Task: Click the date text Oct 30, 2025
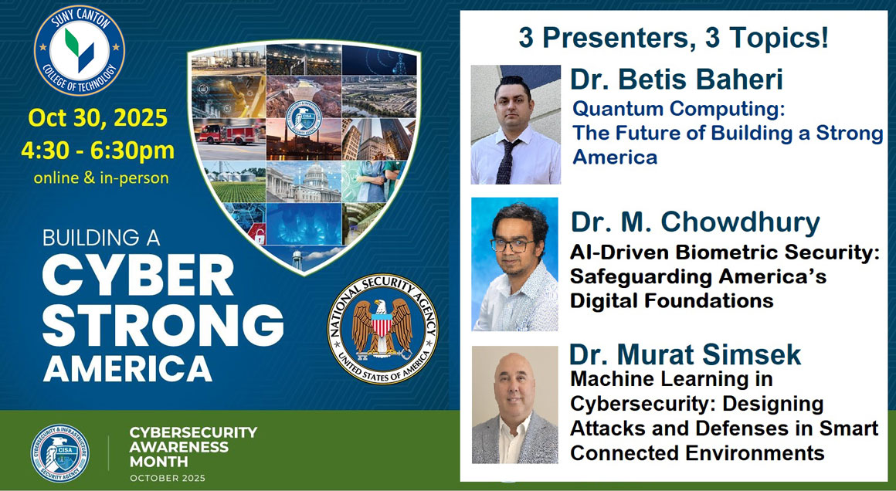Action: [97, 118]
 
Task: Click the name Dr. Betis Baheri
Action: [676, 79]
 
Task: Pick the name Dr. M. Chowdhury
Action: [694, 222]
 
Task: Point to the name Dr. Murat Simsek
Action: [685, 354]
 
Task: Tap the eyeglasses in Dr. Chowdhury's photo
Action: [512, 245]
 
